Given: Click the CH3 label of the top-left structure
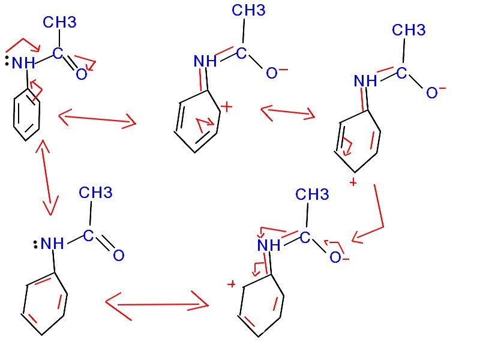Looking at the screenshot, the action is click(59, 22).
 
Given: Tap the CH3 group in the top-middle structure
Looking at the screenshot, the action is click(248, 10).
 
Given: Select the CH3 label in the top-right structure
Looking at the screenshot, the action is click(408, 30).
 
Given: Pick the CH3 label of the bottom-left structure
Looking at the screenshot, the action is click(95, 193).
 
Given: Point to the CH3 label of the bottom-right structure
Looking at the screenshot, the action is click(312, 194).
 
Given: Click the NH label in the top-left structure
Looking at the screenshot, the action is click(24, 63).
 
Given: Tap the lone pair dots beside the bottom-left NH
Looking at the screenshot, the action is click(35, 244).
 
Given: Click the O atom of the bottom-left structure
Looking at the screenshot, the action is click(118, 256).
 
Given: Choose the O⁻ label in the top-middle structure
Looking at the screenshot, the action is click(276, 73).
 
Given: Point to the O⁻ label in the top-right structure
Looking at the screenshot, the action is click(436, 92).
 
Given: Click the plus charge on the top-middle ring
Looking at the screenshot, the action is click(226, 107).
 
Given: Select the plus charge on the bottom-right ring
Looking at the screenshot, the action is click(230, 284).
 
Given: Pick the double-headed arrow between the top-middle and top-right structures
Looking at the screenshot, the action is click(288, 112).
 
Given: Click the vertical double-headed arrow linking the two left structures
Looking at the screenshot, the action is click(46, 177).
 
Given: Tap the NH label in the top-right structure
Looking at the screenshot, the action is click(365, 81).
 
